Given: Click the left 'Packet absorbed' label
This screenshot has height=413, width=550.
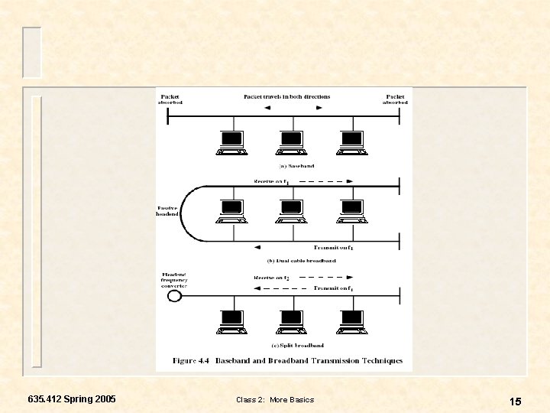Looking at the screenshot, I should pyautogui.click(x=170, y=100).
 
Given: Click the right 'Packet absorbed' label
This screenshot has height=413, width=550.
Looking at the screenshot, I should pyautogui.click(x=395, y=100).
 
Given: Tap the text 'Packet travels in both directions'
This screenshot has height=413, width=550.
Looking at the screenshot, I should pyautogui.click(x=286, y=97).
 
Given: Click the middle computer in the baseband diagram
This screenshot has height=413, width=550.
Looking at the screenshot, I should pyautogui.click(x=291, y=142).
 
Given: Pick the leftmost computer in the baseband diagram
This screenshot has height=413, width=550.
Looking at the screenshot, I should pyautogui.click(x=231, y=142).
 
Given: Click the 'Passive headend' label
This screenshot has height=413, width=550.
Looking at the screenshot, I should pyautogui.click(x=168, y=210).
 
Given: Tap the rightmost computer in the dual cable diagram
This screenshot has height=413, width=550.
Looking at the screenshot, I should pyautogui.click(x=351, y=210).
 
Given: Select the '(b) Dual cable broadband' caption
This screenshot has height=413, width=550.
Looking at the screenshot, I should pyautogui.click(x=296, y=261).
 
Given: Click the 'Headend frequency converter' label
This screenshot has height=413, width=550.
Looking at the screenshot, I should pyautogui.click(x=174, y=280).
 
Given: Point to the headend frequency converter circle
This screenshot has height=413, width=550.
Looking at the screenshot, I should pyautogui.click(x=174, y=296).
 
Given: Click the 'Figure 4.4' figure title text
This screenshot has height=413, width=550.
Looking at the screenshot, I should pyautogui.click(x=287, y=360).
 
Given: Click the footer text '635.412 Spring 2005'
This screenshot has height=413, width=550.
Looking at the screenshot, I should pyautogui.click(x=72, y=399).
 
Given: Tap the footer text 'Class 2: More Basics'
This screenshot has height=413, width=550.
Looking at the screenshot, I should pyautogui.click(x=275, y=400).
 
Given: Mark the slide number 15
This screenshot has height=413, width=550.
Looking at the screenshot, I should pyautogui.click(x=516, y=402).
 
